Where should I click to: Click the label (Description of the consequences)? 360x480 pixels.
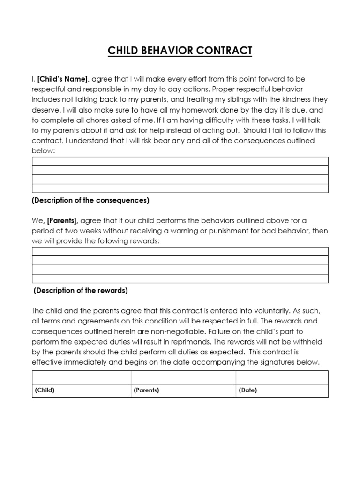[x=90, y=200]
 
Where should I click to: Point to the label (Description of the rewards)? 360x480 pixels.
[x=81, y=290]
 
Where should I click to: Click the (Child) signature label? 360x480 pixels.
[x=45, y=390]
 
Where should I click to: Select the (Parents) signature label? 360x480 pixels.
[x=146, y=390]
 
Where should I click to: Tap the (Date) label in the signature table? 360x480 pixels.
[x=248, y=390]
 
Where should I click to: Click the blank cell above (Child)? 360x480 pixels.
[x=81, y=377]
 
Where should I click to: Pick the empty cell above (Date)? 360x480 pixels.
[x=281, y=377]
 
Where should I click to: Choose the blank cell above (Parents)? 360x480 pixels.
[x=183, y=377]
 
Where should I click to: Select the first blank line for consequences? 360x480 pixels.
[x=180, y=161]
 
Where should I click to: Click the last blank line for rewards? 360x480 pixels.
[x=180, y=278]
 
